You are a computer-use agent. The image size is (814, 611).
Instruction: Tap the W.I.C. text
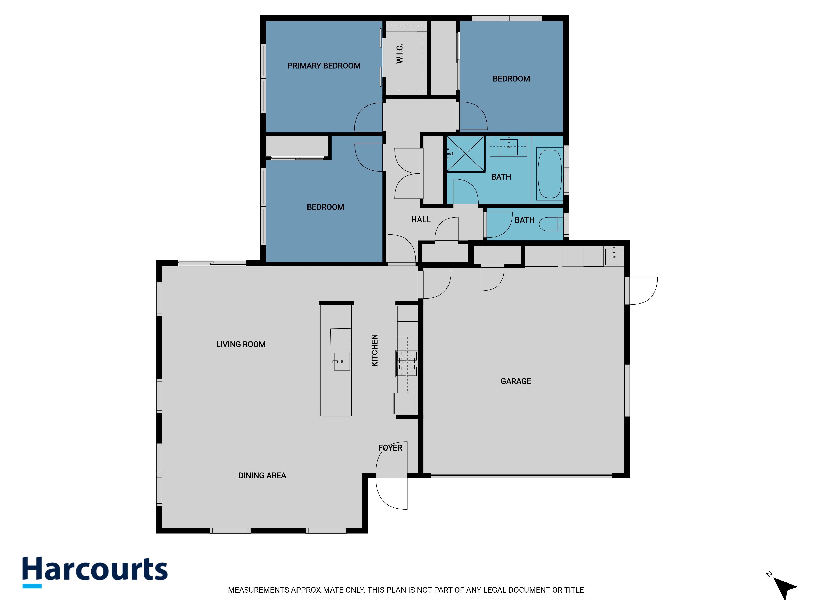(x=400, y=53)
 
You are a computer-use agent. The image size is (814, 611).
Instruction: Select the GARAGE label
(x=516, y=381)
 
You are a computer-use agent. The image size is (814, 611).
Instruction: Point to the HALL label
(x=421, y=220)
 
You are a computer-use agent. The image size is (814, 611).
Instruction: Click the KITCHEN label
(x=375, y=350)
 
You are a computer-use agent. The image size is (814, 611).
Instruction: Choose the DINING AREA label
(x=262, y=476)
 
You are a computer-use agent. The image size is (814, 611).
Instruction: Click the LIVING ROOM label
(x=241, y=344)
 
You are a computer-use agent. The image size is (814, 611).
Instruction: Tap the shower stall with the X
(x=466, y=154)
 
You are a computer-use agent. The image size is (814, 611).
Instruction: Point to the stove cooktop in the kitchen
(x=407, y=364)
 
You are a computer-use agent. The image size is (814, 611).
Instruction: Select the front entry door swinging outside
(x=392, y=493)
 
